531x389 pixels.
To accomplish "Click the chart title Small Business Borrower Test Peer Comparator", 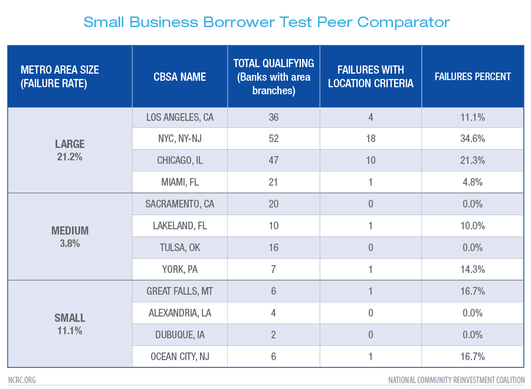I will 266,22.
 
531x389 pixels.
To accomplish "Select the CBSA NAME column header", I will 180,77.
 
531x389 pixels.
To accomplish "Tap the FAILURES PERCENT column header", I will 473,77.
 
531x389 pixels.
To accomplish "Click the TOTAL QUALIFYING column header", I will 274,77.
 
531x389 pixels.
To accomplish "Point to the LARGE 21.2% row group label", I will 70,150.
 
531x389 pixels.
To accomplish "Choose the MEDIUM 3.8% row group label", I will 70,237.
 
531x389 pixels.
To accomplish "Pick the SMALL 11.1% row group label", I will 70,324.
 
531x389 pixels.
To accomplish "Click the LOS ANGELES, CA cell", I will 180,117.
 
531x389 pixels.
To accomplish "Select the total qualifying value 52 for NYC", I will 274,139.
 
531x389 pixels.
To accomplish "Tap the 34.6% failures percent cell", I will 473,139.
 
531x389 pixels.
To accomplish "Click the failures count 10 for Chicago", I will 371,161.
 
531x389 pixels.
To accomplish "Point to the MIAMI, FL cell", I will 180,183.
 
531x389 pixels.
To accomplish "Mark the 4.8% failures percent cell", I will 473,183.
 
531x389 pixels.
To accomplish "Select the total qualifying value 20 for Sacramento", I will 274,205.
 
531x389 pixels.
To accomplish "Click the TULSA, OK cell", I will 180,248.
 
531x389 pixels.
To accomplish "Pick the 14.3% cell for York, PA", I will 473,269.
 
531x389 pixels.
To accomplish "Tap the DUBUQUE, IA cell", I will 180,335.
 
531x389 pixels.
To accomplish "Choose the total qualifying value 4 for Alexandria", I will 274,313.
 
